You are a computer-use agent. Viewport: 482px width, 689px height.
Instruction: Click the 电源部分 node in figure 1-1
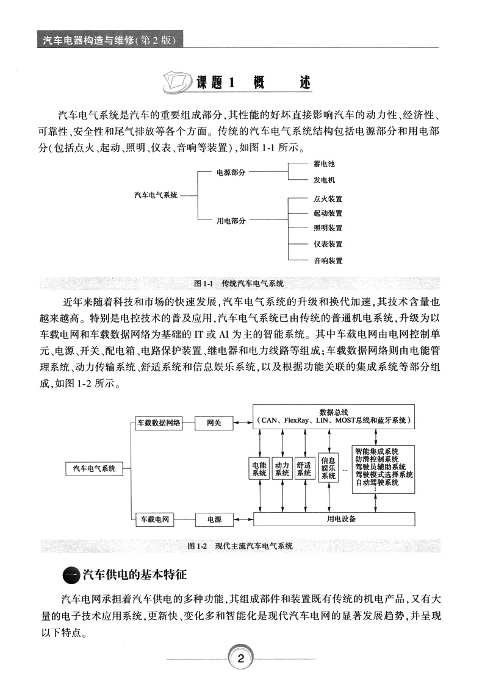point(231,173)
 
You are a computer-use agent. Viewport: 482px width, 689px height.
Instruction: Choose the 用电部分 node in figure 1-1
point(231,221)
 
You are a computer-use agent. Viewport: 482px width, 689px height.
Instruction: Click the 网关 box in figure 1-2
point(214,423)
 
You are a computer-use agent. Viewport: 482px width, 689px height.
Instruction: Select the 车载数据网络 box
point(159,423)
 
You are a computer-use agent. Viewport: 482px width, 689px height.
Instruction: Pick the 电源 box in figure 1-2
point(214,519)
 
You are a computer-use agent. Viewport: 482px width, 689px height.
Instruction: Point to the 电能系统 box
point(259,469)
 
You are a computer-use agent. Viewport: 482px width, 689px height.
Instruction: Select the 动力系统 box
point(282,469)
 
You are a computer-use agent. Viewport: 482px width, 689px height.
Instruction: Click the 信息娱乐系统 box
point(328,468)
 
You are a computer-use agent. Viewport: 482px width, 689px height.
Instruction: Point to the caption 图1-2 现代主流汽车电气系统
point(241,546)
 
